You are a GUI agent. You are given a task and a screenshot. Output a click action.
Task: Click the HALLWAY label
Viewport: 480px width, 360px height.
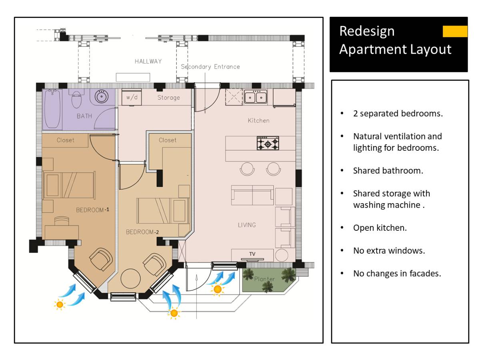(x=148, y=61)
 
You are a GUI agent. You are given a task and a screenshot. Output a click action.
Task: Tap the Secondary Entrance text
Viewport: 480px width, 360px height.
(x=210, y=67)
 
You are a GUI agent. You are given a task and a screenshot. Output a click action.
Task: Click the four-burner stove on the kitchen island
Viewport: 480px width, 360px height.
(x=268, y=143)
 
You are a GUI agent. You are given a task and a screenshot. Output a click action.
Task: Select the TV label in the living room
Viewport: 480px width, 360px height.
(x=252, y=254)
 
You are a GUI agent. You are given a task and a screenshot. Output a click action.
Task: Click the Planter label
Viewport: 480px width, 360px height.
(x=264, y=279)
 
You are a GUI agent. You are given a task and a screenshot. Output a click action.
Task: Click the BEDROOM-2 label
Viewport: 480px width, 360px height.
(x=142, y=232)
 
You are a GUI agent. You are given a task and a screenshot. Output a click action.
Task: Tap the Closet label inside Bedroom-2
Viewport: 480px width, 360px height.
(x=167, y=140)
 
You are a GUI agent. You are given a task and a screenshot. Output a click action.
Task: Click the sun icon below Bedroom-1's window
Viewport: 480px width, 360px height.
(x=60, y=305)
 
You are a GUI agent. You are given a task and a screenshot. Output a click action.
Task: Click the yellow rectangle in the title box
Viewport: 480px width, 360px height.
(x=455, y=31)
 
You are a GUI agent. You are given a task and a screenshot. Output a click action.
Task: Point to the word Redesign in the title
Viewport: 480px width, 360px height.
(x=367, y=31)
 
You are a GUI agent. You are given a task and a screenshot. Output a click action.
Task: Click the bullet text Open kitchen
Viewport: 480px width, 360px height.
(x=380, y=228)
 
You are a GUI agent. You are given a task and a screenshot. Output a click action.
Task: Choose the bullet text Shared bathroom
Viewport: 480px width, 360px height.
(x=388, y=170)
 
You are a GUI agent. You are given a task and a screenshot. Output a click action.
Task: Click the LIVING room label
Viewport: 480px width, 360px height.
(x=247, y=225)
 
